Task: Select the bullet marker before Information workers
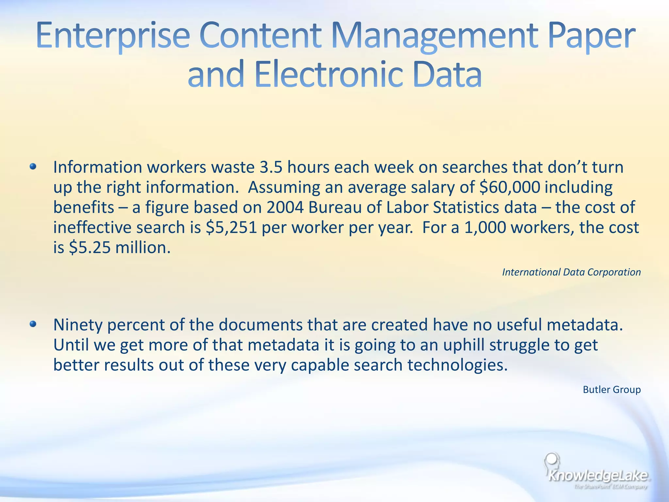(33, 167)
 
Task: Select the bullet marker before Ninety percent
(33, 324)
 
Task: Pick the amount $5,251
(232, 227)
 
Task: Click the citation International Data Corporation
(571, 272)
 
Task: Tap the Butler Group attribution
(612, 390)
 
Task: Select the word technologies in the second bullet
(457, 365)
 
